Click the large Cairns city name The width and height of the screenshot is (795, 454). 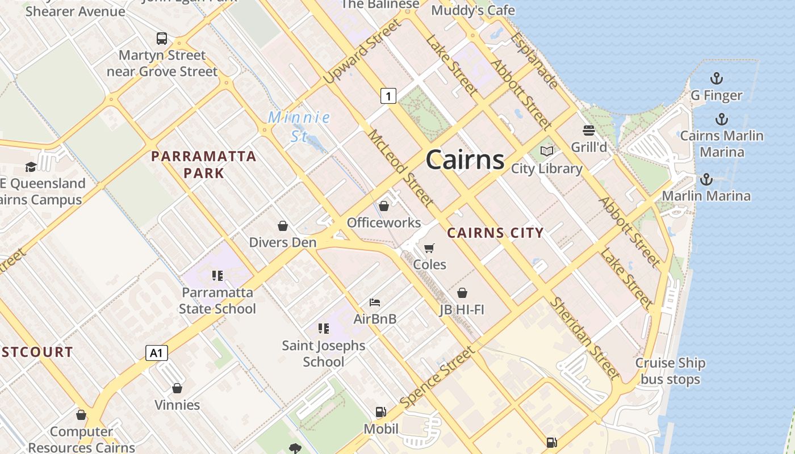(465, 159)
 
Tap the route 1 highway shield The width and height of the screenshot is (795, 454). (388, 96)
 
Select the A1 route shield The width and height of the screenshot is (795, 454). (157, 353)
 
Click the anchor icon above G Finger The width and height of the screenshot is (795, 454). (717, 78)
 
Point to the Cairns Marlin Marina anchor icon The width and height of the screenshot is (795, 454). (721, 119)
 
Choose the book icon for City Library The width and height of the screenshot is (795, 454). (547, 151)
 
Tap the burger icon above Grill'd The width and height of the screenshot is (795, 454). (588, 131)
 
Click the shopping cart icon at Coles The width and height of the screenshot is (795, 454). (429, 248)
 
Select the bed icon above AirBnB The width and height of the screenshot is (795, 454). (375, 302)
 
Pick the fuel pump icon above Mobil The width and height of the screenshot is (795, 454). (380, 412)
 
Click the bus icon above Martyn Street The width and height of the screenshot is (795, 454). (162, 39)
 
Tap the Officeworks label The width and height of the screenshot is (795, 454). (384, 222)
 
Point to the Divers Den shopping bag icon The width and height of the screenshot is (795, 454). (283, 226)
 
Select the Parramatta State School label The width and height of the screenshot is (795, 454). (217, 301)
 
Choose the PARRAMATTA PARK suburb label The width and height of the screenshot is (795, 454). (204, 165)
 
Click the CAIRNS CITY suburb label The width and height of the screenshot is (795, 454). (495, 233)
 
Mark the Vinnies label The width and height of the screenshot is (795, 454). (177, 405)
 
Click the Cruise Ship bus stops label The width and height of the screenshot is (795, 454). (670, 371)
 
